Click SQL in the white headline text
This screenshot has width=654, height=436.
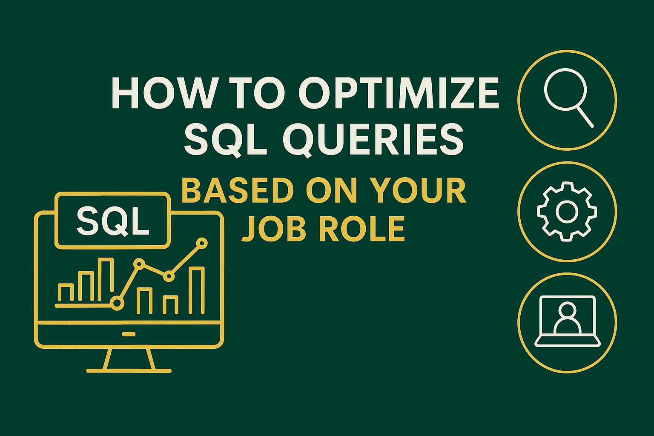click(x=225, y=139)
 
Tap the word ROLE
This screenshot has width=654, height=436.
click(x=361, y=228)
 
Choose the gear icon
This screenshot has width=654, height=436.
click(x=567, y=212)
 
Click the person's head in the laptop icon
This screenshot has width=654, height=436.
click(x=567, y=310)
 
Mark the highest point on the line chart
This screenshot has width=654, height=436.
click(x=202, y=244)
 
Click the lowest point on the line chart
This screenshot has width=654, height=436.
click(x=117, y=303)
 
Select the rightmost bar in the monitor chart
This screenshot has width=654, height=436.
click(x=197, y=290)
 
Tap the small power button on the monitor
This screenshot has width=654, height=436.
click(x=129, y=334)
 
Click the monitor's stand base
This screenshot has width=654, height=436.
click(x=129, y=370)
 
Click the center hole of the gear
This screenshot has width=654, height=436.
click(x=567, y=212)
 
